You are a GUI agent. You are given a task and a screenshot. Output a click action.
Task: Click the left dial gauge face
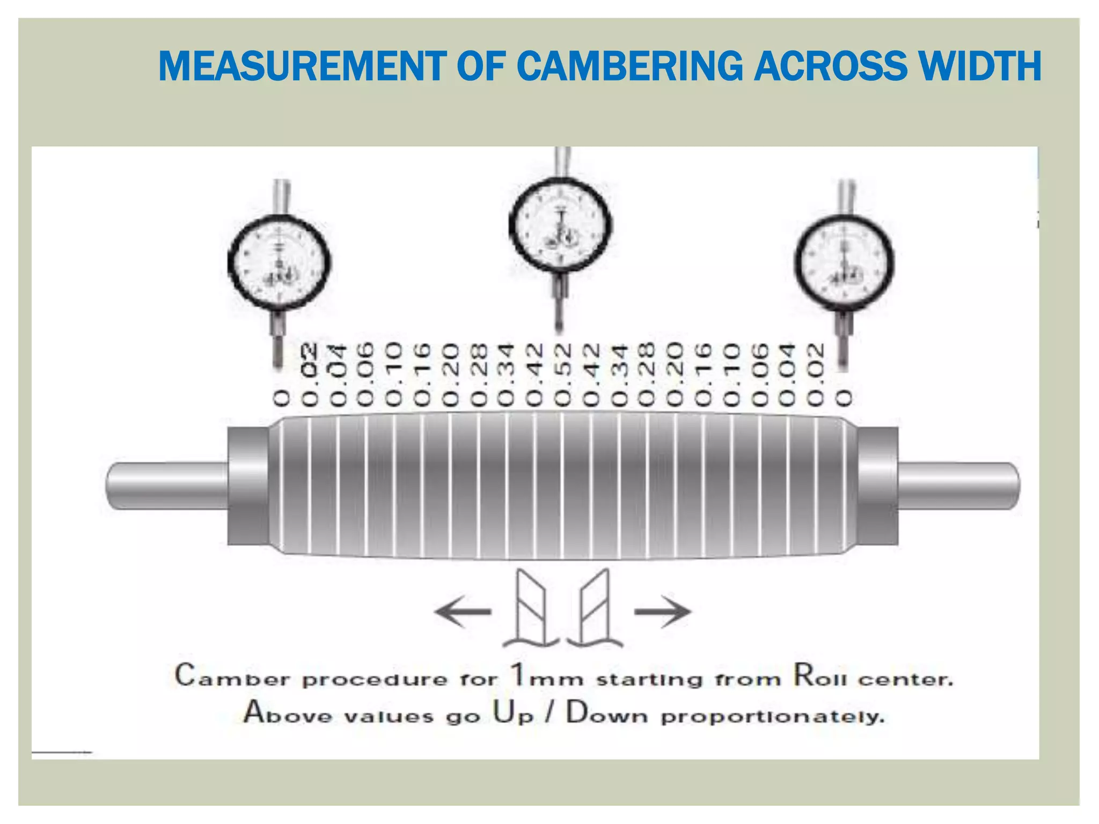click(279, 262)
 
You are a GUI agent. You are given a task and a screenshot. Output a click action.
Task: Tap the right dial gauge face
click(844, 262)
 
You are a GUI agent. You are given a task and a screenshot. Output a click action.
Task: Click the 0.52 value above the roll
click(563, 375)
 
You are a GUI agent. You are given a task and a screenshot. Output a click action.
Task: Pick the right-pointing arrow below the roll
click(663, 612)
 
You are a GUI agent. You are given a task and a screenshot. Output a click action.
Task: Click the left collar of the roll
click(248, 485)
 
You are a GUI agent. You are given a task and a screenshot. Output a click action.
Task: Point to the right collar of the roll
click(878, 485)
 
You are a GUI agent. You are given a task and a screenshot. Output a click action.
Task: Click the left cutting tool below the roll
click(531, 609)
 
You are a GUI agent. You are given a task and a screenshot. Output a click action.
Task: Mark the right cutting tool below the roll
click(596, 609)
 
